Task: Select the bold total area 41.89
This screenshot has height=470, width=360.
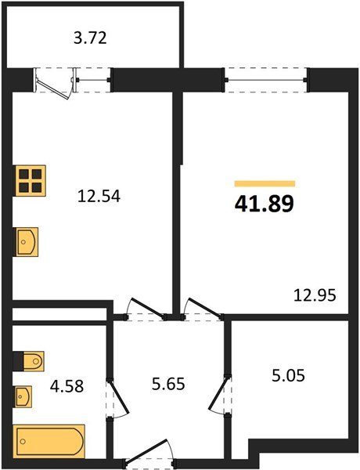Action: point(265,204)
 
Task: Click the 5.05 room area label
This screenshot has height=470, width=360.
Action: point(286,376)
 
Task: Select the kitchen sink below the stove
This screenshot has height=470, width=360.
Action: point(27,241)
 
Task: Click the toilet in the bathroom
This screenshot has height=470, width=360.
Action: point(29,361)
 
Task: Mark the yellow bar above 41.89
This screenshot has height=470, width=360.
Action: point(265,183)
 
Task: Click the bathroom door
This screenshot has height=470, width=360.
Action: point(115,399)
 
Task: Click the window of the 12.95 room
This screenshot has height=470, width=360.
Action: point(266,78)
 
